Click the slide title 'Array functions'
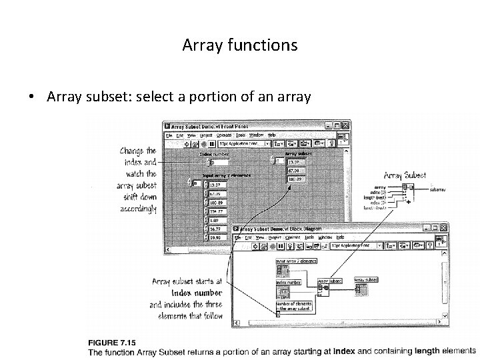[x=239, y=45]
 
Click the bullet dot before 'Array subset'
[x=31, y=97]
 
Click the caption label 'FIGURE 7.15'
[x=113, y=341]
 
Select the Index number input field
[x=219, y=161]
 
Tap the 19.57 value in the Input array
[x=214, y=184]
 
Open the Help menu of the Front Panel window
[x=271, y=134]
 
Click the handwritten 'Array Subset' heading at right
[x=405, y=175]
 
